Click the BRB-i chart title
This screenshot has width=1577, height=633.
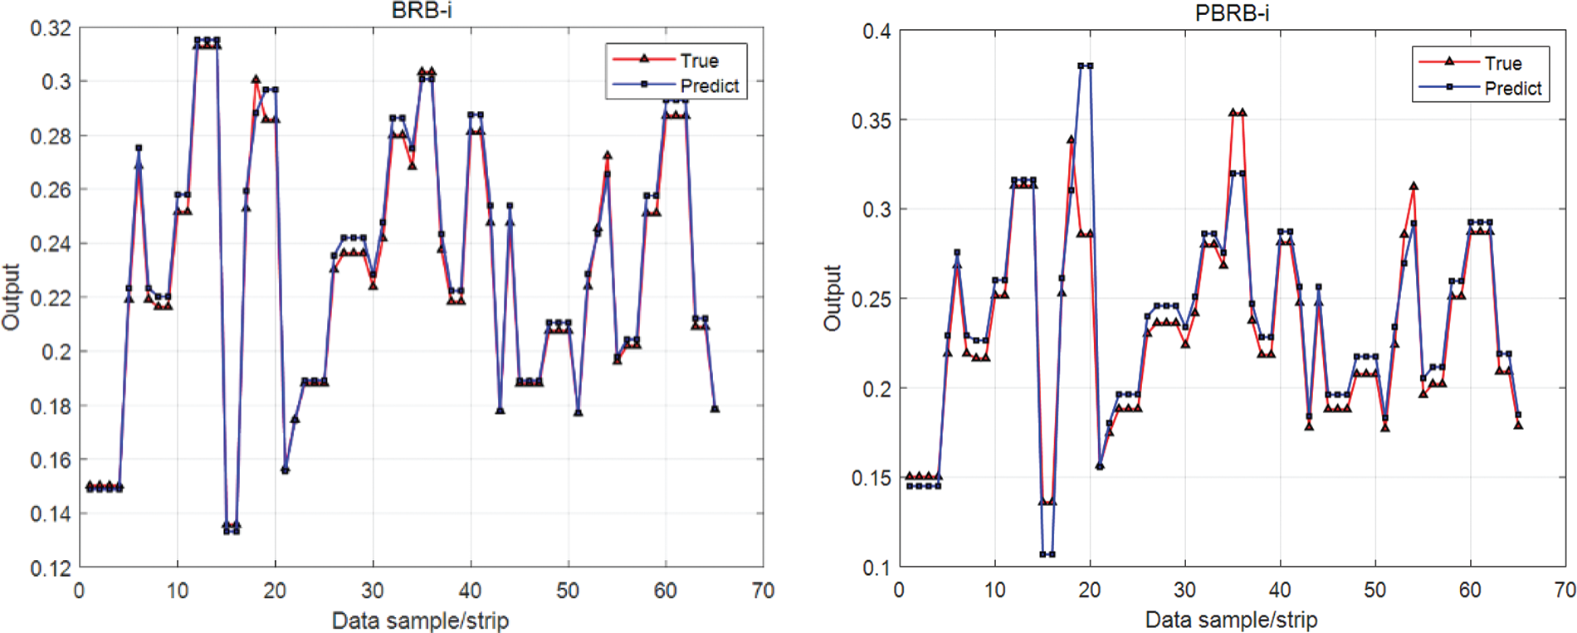pyautogui.click(x=422, y=11)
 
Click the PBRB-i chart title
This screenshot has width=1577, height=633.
pyautogui.click(x=1232, y=13)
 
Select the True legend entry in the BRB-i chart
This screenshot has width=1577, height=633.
pyautogui.click(x=699, y=61)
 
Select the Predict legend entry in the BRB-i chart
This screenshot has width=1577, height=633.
pyautogui.click(x=709, y=85)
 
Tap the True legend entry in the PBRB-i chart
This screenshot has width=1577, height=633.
pyautogui.click(x=1503, y=63)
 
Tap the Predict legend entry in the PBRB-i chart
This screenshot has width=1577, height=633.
pyautogui.click(x=1513, y=88)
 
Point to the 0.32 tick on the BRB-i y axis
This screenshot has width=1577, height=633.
pyautogui.click(x=51, y=28)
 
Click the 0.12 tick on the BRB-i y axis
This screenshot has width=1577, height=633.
pyautogui.click(x=51, y=568)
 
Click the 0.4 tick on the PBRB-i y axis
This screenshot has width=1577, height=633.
pyautogui.click(x=876, y=32)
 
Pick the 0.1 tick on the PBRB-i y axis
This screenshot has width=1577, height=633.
pyautogui.click(x=876, y=567)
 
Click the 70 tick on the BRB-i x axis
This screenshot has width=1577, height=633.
pyautogui.click(x=763, y=591)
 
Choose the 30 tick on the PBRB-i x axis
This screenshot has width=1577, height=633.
pyautogui.click(x=1184, y=590)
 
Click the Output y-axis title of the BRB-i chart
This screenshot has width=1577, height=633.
pyautogui.click(x=11, y=297)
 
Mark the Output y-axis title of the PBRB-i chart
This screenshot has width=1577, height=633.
pyautogui.click(x=832, y=299)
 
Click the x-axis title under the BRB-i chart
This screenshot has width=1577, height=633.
pyautogui.click(x=420, y=621)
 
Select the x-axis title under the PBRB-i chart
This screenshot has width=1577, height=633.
pyautogui.click(x=1231, y=620)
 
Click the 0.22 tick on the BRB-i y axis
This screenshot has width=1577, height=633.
pyautogui.click(x=51, y=298)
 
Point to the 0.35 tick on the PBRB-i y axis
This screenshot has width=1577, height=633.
pyautogui.click(x=871, y=120)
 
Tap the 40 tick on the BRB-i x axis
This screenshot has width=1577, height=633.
pyautogui.click(x=470, y=591)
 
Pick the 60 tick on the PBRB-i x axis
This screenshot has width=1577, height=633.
pyautogui.click(x=1470, y=590)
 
